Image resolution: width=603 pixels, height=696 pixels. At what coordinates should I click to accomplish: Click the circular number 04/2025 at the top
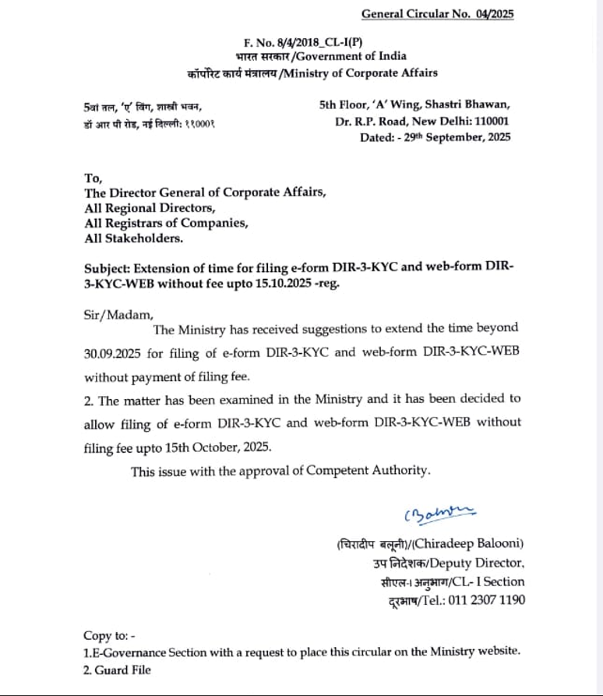[x=495, y=14]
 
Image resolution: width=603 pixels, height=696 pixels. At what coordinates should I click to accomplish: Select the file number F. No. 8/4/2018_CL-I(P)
[x=297, y=43]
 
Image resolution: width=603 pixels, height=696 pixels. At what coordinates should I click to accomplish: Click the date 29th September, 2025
[x=457, y=137]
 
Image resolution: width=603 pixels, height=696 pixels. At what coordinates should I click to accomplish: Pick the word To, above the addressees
[x=93, y=178]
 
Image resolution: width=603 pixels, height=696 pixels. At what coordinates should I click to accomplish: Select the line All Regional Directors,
[x=148, y=208]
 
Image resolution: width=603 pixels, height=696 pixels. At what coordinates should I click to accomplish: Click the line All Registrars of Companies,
[x=167, y=224]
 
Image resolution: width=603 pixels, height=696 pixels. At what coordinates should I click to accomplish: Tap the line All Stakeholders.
[x=134, y=238]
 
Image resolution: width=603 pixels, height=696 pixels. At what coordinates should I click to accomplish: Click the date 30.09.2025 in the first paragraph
[x=113, y=352]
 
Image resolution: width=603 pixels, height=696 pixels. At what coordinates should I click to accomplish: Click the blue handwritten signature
[x=439, y=513]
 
